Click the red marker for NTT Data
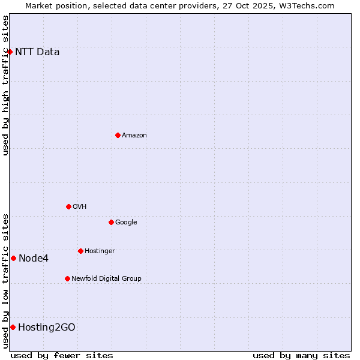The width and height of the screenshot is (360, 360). pyautogui.click(x=10, y=52)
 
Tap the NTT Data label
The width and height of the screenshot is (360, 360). pyautogui.click(x=37, y=52)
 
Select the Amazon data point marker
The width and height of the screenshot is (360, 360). pyautogui.click(x=118, y=135)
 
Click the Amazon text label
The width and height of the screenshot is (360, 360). pyautogui.click(x=134, y=135)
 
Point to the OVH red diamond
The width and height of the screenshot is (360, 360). pyautogui.click(x=68, y=206)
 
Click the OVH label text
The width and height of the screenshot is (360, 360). pyautogui.click(x=80, y=206)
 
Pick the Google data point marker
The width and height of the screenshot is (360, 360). pyautogui.click(x=111, y=222)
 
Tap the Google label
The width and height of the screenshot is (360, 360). pyautogui.click(x=126, y=222)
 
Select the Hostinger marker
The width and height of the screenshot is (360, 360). pyautogui.click(x=80, y=251)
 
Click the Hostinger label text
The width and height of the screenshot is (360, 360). pyautogui.click(x=100, y=251)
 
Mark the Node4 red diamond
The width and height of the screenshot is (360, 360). pyautogui.click(x=13, y=258)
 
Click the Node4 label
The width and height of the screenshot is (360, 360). pyautogui.click(x=34, y=258)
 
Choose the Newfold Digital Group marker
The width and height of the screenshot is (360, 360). pyautogui.click(x=67, y=278)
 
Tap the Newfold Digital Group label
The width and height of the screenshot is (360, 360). pyautogui.click(x=106, y=278)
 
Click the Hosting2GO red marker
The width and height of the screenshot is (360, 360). pyautogui.click(x=13, y=327)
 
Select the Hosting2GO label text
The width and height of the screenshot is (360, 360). pyautogui.click(x=47, y=327)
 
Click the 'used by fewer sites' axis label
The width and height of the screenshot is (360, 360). pyautogui.click(x=62, y=355)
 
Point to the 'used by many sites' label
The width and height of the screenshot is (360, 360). pyautogui.click(x=301, y=355)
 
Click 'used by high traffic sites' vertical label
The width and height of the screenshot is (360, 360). pyautogui.click(x=5, y=85)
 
